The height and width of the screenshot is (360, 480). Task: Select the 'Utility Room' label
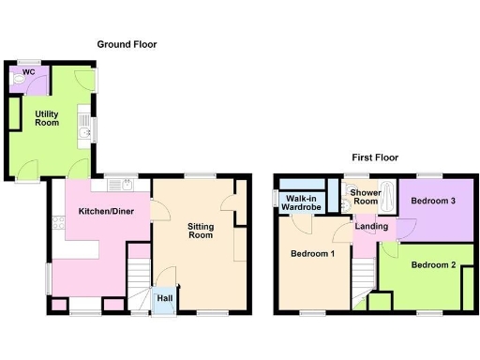tap(48, 118)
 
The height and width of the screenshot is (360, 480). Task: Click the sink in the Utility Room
tap(84, 133)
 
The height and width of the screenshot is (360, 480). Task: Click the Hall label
tap(165, 298)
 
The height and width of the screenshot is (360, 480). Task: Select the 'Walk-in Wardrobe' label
tap(304, 202)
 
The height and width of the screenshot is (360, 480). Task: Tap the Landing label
tap(370, 225)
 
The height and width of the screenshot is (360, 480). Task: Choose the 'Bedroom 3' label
tap(434, 201)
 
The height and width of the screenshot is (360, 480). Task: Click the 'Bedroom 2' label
tap(433, 265)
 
